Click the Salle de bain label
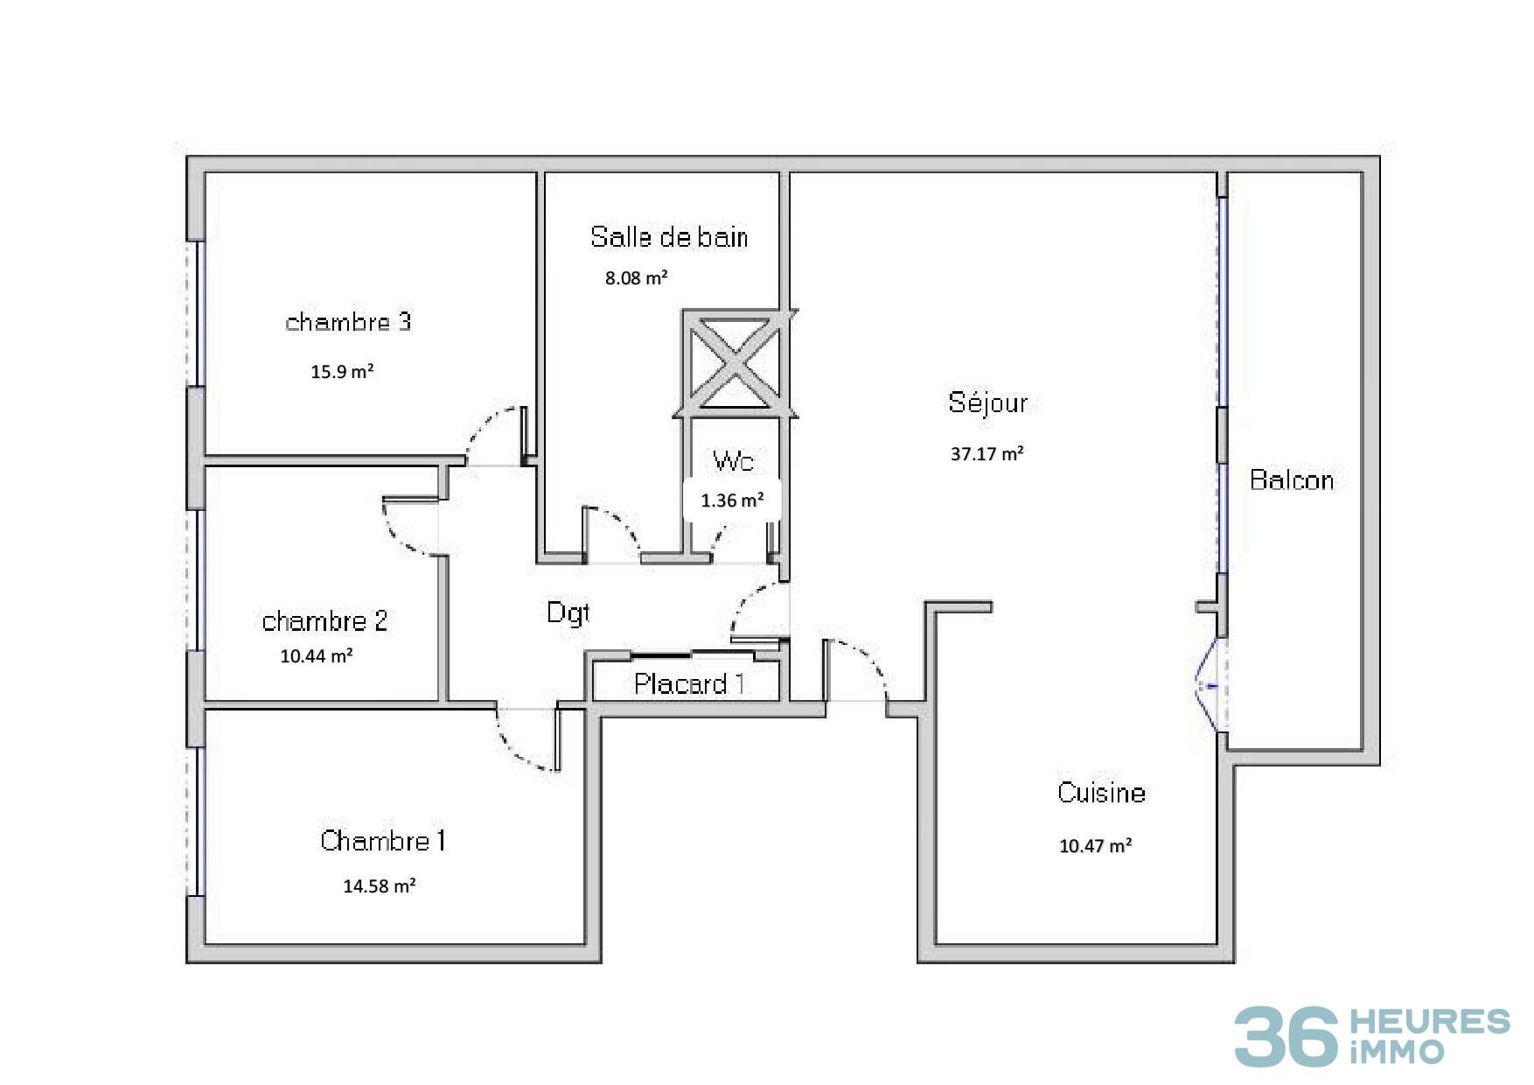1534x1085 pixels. click(669, 236)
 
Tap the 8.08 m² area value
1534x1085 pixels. click(637, 278)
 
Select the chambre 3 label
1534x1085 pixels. click(348, 322)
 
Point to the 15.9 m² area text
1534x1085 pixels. click(342, 371)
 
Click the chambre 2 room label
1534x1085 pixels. click(324, 621)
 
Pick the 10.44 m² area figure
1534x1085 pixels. click(317, 655)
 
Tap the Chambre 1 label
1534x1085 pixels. click(383, 841)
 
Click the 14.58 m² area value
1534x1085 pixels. click(379, 885)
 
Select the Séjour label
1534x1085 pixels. click(988, 402)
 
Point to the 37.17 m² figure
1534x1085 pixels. click(987, 453)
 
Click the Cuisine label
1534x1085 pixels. click(1101, 792)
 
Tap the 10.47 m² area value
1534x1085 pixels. click(1096, 845)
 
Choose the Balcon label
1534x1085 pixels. click(1292, 479)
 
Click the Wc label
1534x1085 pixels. click(733, 461)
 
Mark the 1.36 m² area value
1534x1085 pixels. click(732, 500)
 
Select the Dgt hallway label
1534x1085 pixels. click(568, 612)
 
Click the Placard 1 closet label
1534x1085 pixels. click(689, 683)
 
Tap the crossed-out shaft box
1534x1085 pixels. click(736, 363)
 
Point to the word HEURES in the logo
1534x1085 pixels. click(1431, 1021)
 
